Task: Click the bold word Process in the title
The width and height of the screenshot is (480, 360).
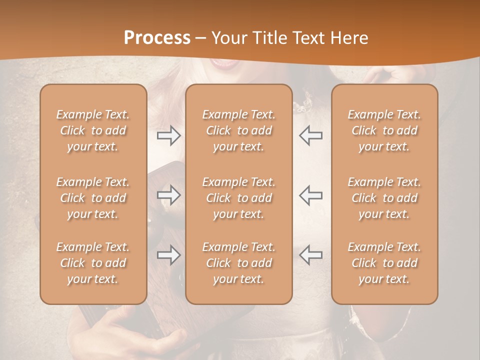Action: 157,38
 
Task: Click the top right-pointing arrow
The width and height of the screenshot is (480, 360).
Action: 168,135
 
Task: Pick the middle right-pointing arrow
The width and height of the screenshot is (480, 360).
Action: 168,195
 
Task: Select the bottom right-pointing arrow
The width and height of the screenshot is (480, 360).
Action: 168,255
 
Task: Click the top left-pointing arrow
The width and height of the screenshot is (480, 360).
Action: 310,135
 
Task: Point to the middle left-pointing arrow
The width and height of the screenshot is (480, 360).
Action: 310,195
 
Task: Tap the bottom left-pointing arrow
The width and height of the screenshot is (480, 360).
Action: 310,255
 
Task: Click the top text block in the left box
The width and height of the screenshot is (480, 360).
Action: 93,130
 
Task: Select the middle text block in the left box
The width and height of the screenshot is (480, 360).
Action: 93,198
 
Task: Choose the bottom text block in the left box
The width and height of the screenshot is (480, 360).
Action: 93,263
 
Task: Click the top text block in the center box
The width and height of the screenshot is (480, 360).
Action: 239,130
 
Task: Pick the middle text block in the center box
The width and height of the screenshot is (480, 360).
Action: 239,198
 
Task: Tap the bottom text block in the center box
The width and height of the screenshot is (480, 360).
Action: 239,263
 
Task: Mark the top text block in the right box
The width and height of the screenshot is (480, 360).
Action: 384,130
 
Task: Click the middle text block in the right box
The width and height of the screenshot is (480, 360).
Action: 384,198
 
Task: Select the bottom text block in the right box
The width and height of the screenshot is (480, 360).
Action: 384,263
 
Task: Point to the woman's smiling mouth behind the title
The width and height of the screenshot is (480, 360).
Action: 224,63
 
